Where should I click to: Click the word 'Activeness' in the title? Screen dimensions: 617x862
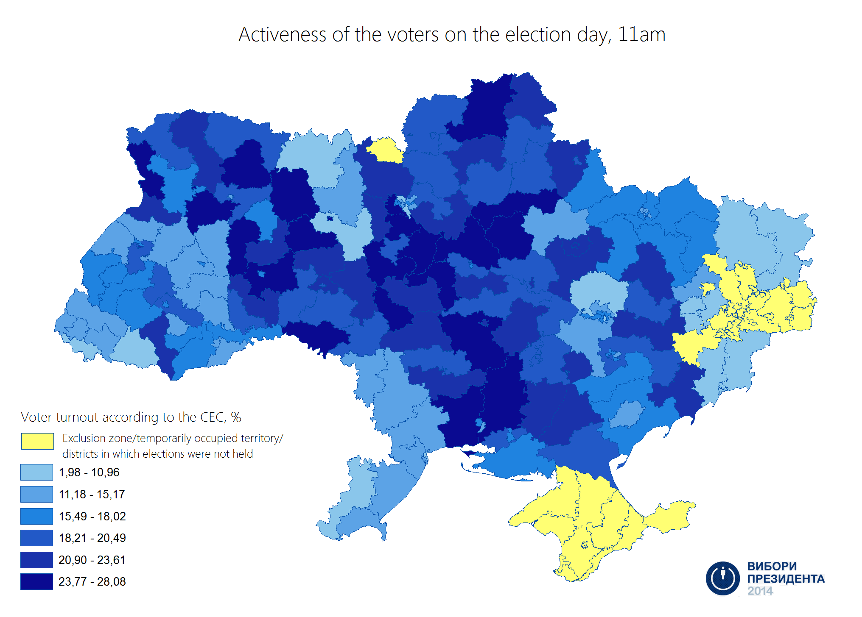(x=282, y=35)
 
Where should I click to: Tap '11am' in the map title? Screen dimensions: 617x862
(x=641, y=35)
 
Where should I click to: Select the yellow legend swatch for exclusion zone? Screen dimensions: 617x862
(x=37, y=441)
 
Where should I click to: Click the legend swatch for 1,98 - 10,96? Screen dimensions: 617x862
(x=37, y=472)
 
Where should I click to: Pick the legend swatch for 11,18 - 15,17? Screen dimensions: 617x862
(x=37, y=494)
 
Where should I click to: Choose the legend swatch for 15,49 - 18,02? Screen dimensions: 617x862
(x=37, y=516)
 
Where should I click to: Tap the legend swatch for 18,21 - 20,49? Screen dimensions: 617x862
(x=37, y=538)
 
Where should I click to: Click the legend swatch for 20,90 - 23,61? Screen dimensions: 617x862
(x=37, y=560)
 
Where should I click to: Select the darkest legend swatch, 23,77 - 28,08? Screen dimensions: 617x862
(x=37, y=581)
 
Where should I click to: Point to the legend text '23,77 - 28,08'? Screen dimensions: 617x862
(x=92, y=581)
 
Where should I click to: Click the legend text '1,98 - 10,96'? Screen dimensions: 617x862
(x=89, y=472)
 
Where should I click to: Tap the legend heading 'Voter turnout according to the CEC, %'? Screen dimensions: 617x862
(x=131, y=417)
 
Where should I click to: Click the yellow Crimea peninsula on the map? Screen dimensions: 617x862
(x=594, y=521)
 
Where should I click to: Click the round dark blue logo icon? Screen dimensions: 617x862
(x=722, y=578)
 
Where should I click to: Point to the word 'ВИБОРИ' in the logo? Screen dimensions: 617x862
(x=772, y=566)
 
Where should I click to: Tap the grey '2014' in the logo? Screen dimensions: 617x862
(x=760, y=591)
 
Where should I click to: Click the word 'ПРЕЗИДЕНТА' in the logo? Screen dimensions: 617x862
(x=786, y=578)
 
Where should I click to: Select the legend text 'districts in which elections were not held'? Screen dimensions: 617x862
(x=157, y=454)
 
